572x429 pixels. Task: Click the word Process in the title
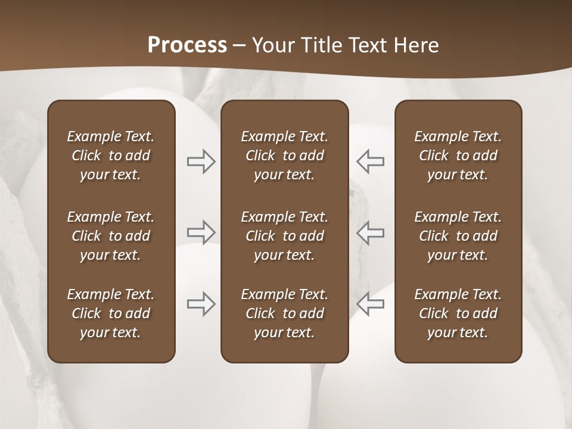187,45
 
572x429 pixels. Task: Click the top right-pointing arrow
201,161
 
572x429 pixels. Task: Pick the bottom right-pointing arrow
201,303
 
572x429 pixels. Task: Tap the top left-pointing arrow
370,161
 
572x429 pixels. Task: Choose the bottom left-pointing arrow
370,303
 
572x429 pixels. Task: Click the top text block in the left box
111,156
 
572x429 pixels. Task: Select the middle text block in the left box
111,236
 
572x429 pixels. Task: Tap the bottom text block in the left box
111,313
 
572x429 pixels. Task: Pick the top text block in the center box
285,156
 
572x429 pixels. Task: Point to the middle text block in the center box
285,236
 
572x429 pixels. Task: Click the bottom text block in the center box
285,313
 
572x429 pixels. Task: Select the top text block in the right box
458,156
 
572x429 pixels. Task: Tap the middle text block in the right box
458,236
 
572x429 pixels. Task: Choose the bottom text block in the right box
458,313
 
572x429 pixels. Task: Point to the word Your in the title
271,45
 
